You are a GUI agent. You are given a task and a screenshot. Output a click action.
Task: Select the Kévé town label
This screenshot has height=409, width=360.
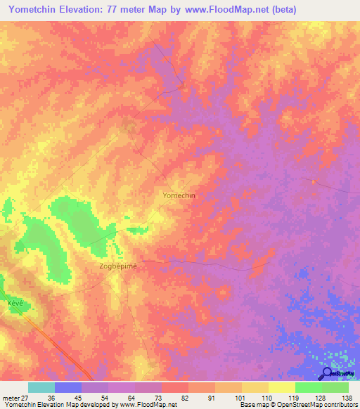point(15,301)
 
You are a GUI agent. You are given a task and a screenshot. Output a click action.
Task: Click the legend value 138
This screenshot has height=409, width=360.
point(348,397)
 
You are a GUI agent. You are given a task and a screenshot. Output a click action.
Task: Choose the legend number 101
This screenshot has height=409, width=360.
point(241,397)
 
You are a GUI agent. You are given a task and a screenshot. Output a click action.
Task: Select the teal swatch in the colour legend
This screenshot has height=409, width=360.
point(41,387)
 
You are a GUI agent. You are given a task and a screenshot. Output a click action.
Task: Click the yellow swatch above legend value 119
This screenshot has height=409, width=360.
point(281,387)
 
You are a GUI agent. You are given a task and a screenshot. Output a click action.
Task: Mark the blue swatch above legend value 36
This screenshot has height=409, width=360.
point(68,387)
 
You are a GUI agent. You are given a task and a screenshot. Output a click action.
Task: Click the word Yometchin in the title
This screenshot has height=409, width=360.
point(34,10)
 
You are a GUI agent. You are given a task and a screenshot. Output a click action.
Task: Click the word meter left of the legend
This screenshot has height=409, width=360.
point(10,397)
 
